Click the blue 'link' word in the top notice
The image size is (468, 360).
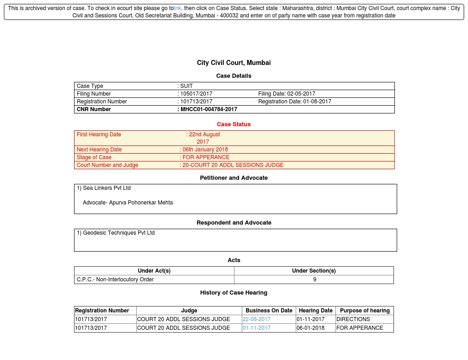coord(177,8)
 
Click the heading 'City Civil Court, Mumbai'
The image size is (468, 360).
coord(234,63)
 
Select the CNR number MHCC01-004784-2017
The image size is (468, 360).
coord(209,109)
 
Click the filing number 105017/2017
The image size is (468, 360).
coord(197,94)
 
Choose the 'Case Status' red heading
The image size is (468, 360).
coord(234,124)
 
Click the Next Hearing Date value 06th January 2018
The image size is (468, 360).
coord(205,150)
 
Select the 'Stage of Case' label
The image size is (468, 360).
coord(94,157)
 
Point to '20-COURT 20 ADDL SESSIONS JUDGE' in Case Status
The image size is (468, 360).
coord(233,165)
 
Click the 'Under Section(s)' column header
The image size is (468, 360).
coord(314,271)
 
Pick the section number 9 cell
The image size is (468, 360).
coord(314,279)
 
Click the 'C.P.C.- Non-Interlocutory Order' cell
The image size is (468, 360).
coord(115,279)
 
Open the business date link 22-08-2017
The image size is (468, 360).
coord(256,319)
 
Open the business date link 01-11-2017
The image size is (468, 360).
coord(256,328)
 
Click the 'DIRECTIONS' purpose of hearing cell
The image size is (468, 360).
coord(353,319)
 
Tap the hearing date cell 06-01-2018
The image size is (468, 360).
coord(310,328)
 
